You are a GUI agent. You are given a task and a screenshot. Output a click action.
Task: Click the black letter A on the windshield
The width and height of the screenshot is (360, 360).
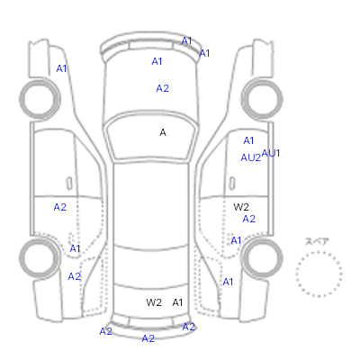163,132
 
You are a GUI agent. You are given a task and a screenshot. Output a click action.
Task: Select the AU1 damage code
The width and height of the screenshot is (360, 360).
271,153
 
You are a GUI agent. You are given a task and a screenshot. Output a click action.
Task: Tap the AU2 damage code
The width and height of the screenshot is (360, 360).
251,157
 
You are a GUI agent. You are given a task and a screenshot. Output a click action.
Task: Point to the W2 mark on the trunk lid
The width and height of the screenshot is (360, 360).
154,302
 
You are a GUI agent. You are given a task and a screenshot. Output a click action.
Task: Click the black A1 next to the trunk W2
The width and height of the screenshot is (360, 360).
177,302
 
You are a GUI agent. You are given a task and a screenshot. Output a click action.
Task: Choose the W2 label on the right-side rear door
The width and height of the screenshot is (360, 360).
241,207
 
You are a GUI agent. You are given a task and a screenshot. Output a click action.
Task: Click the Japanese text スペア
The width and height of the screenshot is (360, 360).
317,241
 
